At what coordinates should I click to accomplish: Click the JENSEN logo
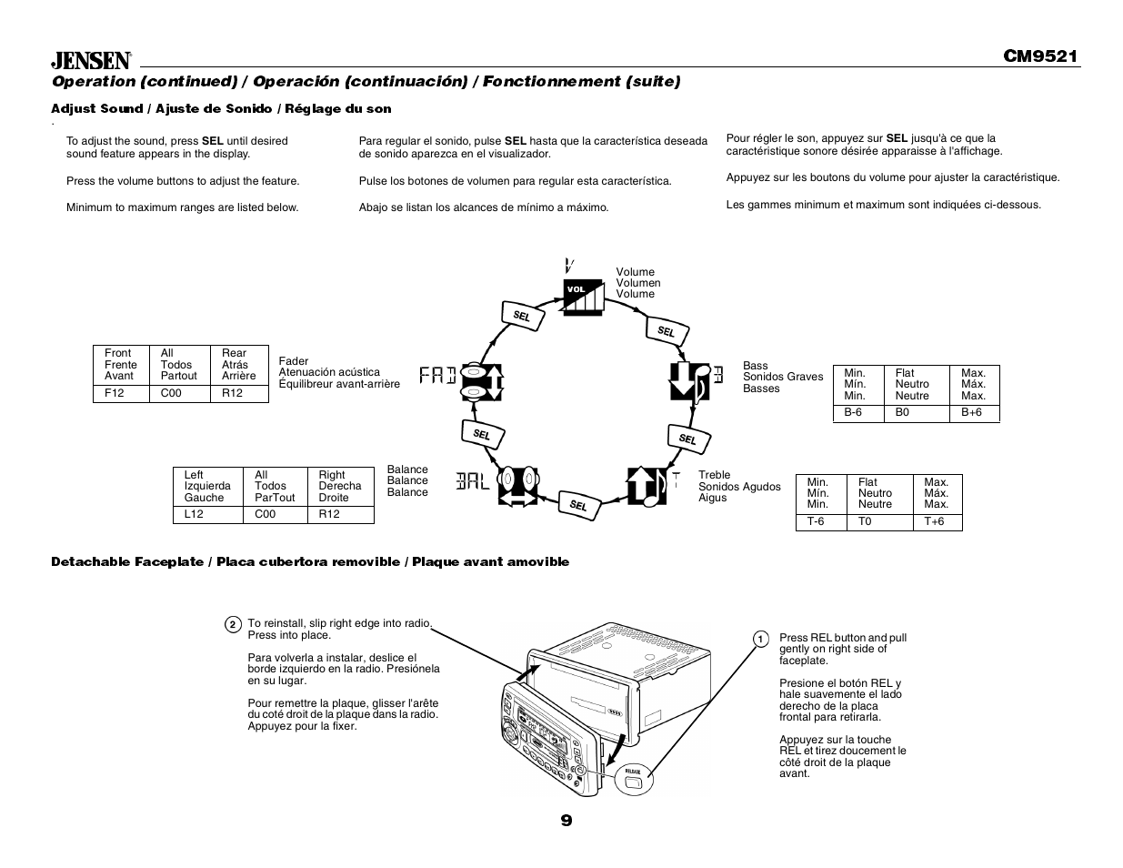coord(91,60)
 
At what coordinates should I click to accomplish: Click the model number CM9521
coord(1040,56)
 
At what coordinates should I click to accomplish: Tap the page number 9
coord(566,821)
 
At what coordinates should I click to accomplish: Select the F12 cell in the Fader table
coord(115,393)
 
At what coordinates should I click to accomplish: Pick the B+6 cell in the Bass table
coord(971,412)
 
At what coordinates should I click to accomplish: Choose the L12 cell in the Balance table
coord(194,514)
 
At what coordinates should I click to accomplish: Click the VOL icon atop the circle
coord(582,296)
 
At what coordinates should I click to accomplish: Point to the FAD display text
coord(437,375)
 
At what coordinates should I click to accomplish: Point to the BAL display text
coord(473,480)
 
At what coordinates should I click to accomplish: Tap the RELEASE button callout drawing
coord(632,778)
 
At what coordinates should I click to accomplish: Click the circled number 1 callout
coord(761,640)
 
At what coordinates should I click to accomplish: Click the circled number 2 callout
coord(233,624)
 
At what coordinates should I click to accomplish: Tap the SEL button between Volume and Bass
coord(666,331)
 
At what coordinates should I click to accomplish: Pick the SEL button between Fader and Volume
coord(521,316)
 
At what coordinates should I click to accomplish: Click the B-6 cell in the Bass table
coord(853,412)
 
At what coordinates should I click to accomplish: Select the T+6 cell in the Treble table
coord(935,521)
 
